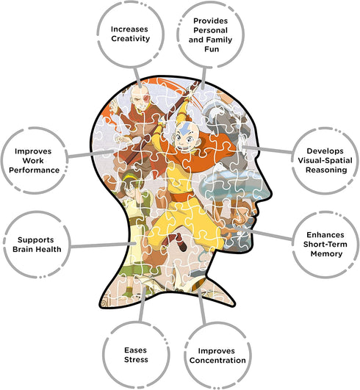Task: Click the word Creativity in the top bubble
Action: pos(130,39)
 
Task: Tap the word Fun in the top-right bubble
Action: pos(212,49)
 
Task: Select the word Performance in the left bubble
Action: pos(34,170)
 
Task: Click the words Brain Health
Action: pos(37,249)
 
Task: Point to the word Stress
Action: pos(136,359)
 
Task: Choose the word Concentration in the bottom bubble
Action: pos(217,360)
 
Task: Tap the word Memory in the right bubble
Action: pos(326,254)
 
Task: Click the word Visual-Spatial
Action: pos(325,160)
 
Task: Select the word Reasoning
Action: pos(326,170)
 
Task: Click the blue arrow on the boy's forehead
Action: pos(184,129)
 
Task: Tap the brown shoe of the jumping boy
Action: pos(182,246)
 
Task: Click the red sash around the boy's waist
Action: pos(181,197)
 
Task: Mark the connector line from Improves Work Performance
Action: pos(90,154)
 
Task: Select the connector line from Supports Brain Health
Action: pos(103,245)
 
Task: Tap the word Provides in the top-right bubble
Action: pos(210,21)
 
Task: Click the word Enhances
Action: pos(325,235)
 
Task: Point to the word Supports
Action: pos(36,240)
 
